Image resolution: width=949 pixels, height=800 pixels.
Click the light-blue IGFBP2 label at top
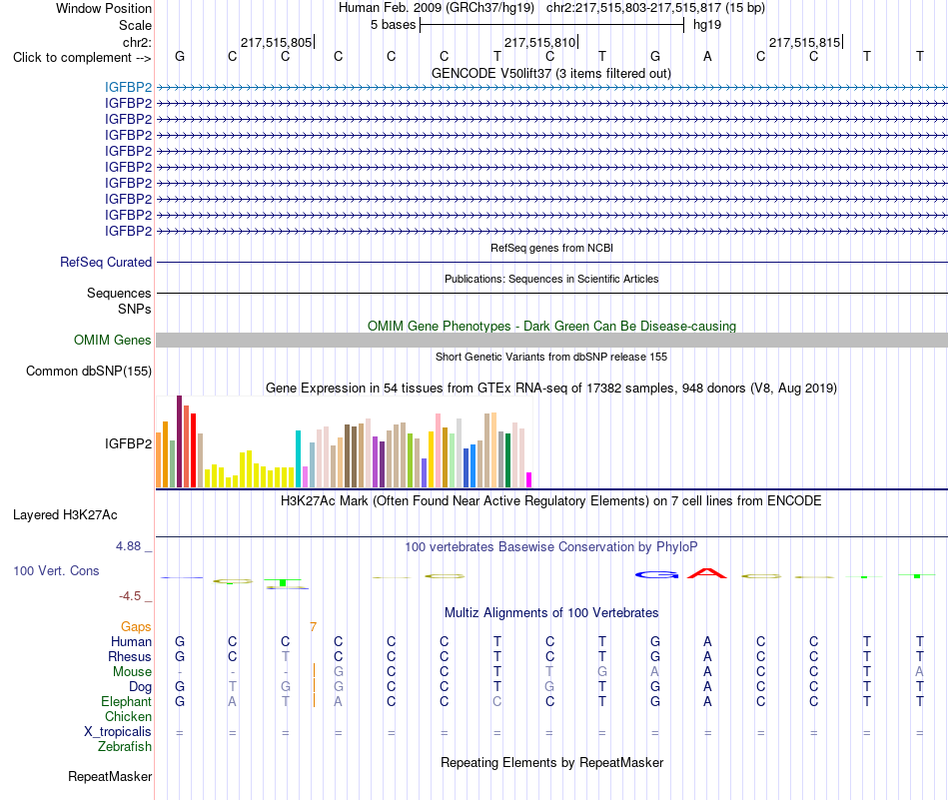tap(128, 87)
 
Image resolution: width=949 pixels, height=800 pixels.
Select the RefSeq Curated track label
tap(106, 262)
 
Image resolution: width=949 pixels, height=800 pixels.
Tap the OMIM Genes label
tap(113, 341)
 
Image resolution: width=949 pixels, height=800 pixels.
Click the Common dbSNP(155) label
tap(89, 371)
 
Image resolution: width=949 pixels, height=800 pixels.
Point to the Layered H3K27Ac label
tap(65, 515)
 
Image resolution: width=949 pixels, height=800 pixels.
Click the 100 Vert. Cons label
tap(56, 570)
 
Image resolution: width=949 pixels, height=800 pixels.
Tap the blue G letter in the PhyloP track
tap(656, 575)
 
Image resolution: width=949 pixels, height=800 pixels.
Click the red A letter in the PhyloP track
tap(707, 573)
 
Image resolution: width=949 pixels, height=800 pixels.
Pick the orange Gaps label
tap(136, 627)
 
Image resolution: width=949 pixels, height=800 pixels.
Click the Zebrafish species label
tap(125, 747)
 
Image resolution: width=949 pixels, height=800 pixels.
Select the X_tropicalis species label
tap(118, 732)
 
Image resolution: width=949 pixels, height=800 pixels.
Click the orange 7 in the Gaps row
tap(313, 627)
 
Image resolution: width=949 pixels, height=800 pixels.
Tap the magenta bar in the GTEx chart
tap(529, 479)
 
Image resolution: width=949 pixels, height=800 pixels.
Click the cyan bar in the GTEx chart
tap(298, 458)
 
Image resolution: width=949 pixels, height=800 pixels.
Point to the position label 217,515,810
tap(539, 42)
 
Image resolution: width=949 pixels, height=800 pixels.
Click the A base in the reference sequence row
tap(707, 57)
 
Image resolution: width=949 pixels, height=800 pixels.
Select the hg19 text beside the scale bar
tap(707, 25)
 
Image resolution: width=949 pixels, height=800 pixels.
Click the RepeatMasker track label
tap(110, 776)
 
